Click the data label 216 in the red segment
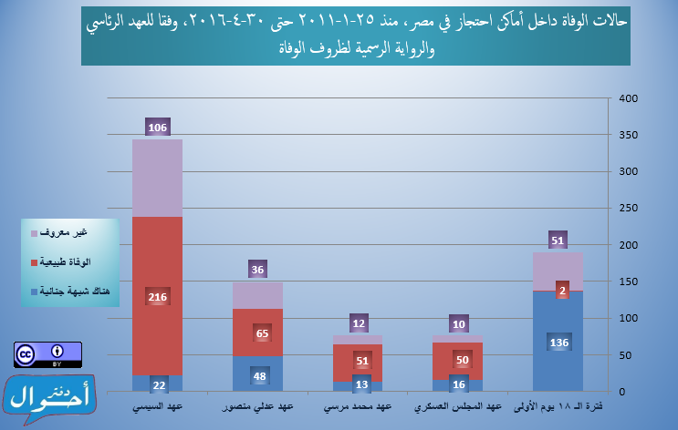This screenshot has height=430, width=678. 157,297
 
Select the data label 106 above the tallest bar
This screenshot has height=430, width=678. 157,128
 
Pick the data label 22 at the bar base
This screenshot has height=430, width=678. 157,384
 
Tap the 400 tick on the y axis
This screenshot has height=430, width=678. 627,98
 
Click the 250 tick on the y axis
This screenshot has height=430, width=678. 627,209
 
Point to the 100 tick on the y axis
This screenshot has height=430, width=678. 627,319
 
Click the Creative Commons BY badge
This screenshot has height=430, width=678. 47,354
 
